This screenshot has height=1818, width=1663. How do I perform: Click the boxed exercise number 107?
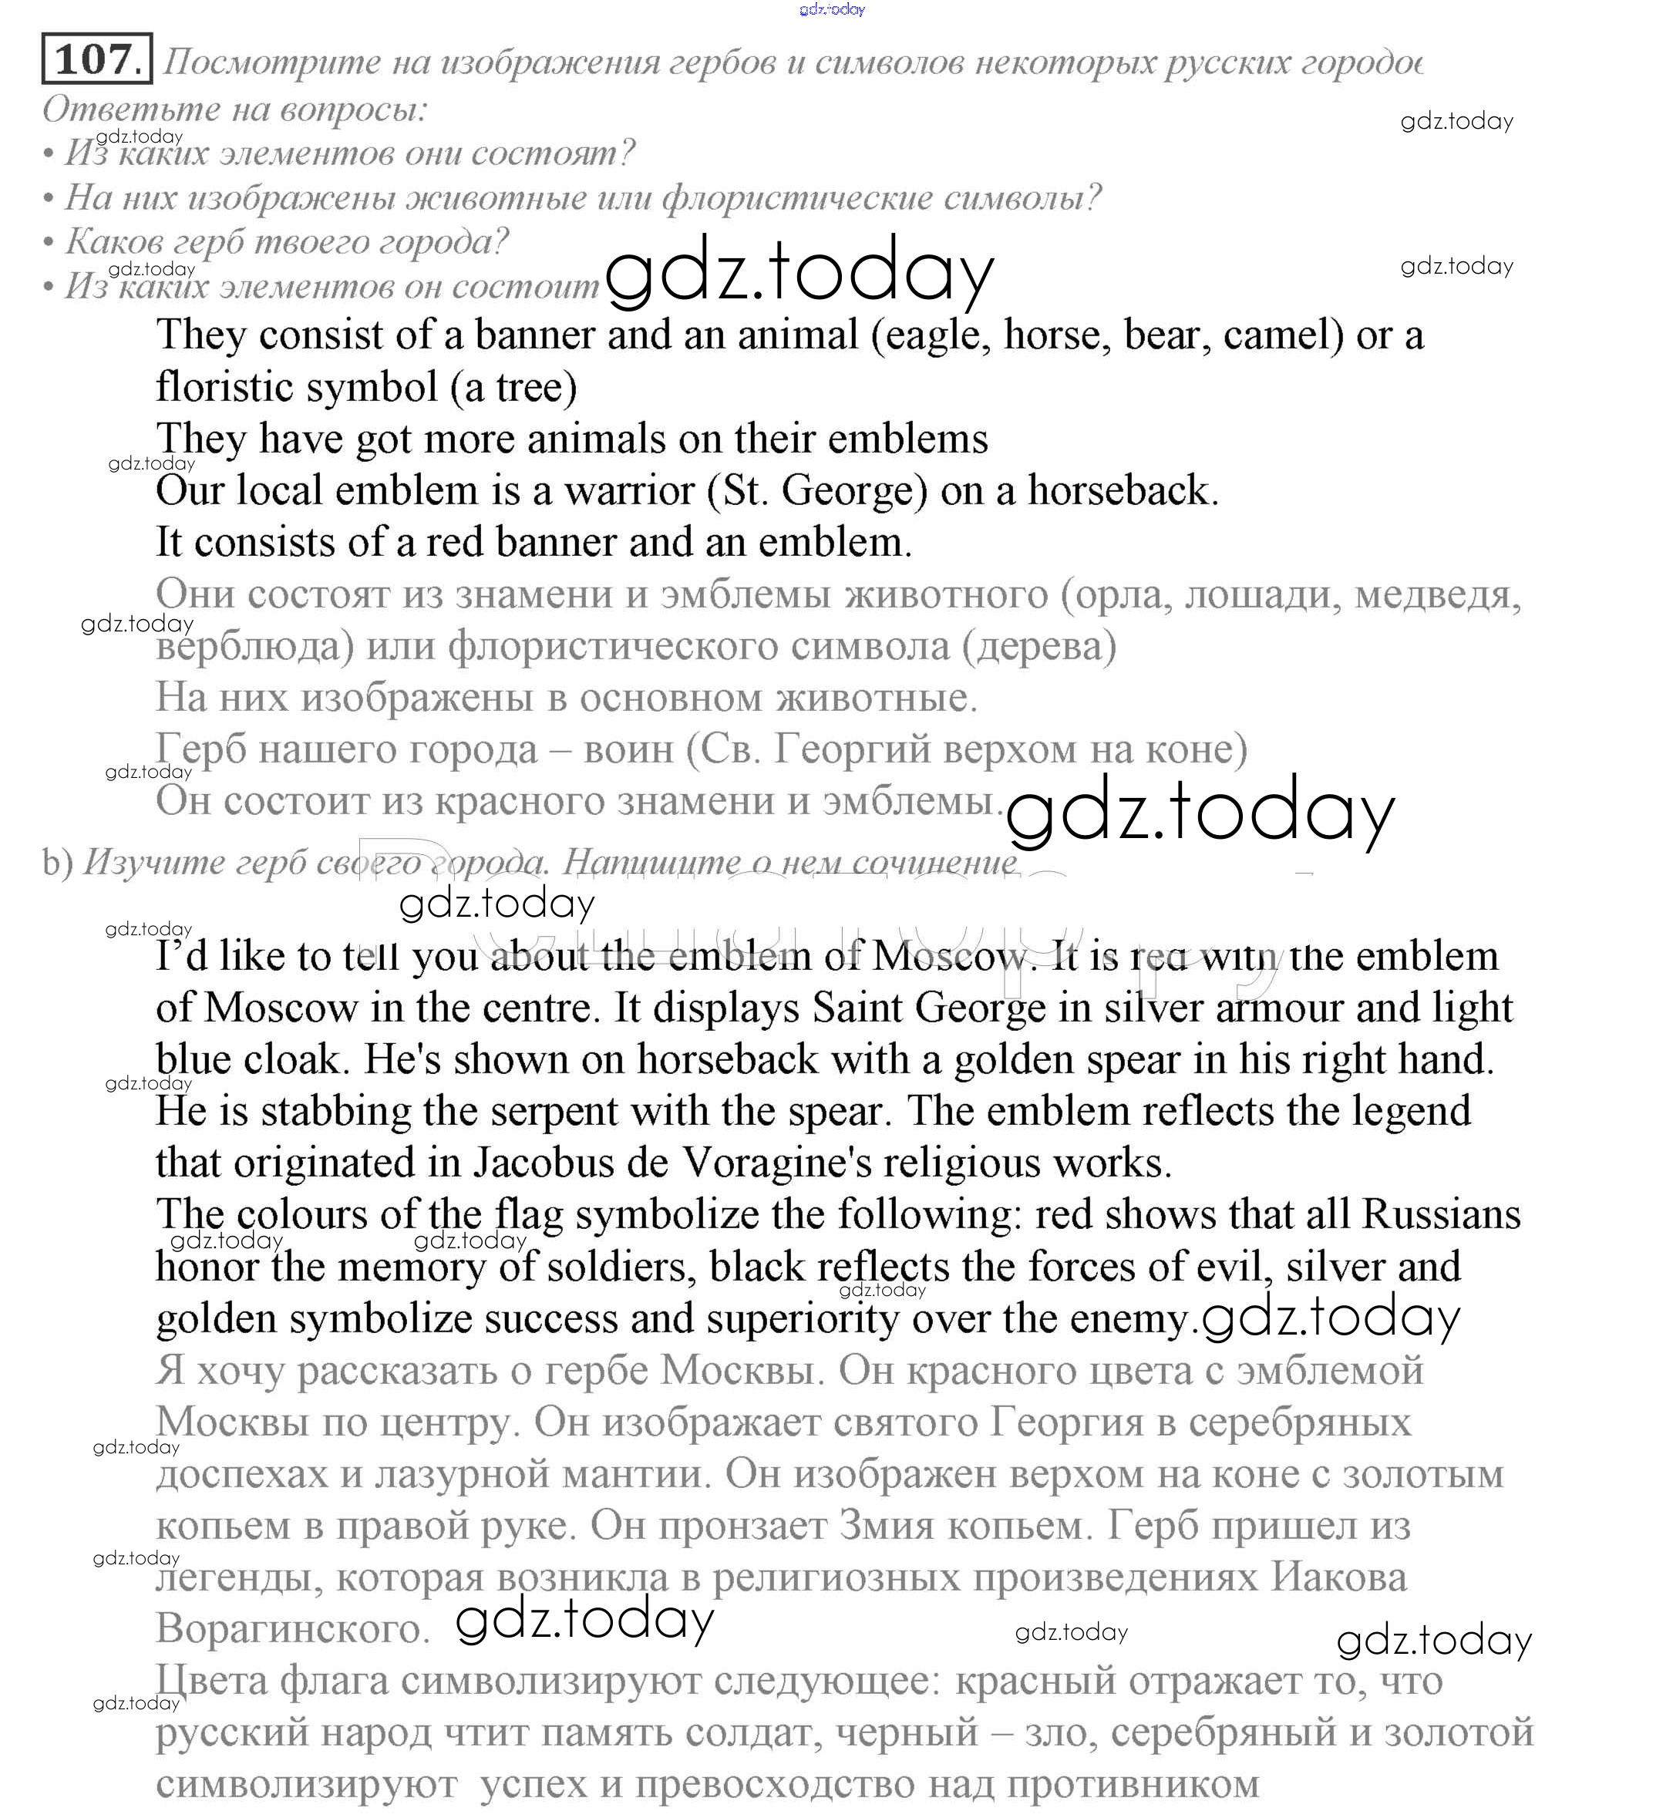(96, 59)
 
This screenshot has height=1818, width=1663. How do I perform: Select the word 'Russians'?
(1440, 1215)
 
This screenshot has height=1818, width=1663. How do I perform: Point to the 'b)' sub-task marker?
(57, 863)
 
